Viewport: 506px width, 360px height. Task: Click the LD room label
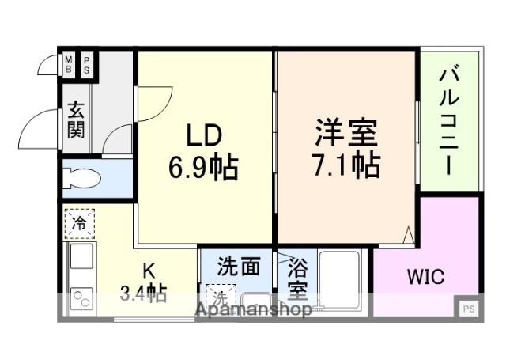[x=199, y=135]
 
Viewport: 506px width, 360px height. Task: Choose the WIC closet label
[x=425, y=278]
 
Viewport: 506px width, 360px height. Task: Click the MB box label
[x=68, y=64]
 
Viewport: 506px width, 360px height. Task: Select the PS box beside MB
[x=86, y=64]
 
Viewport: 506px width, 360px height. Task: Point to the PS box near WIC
[x=468, y=309]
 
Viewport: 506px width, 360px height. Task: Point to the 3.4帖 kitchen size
[x=143, y=295]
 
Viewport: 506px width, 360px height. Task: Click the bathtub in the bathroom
[x=340, y=281]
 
